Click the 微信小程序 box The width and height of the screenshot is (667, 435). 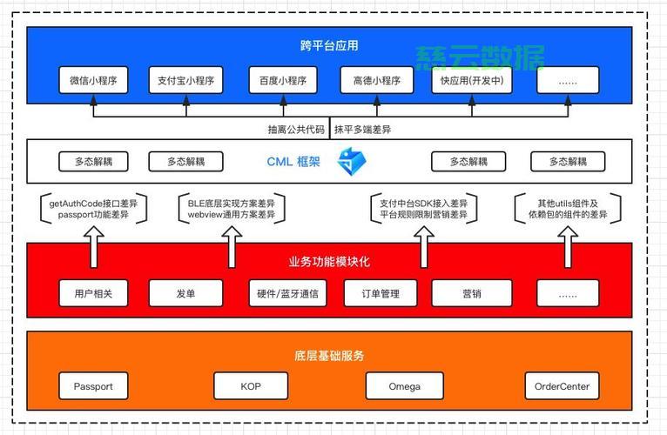pos(93,80)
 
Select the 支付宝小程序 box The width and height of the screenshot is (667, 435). pos(185,80)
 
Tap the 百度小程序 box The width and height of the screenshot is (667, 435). pos(283,80)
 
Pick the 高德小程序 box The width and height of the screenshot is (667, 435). pos(377,80)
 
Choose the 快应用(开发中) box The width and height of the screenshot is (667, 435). pos(472,80)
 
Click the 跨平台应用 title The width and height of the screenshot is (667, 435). pos(329,45)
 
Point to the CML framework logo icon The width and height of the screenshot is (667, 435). pos(352,162)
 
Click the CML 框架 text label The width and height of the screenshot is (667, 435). pos(293,162)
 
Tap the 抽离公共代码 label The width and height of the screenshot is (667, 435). pos(296,130)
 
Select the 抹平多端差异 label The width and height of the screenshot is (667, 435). pos(362,130)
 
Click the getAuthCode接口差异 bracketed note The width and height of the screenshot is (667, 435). pos(93,209)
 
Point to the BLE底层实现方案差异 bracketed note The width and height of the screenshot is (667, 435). pos(232,209)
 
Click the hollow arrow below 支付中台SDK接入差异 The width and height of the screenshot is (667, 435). pos(424,246)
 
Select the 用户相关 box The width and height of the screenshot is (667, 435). pos(93,293)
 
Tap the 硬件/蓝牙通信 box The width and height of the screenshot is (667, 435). pos(287,293)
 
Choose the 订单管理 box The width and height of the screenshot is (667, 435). pos(381,293)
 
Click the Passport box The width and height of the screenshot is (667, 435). pos(93,386)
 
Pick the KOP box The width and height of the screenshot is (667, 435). pos(251,386)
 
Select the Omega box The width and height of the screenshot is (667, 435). pos(405,386)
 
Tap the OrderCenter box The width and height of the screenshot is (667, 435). pos(562,386)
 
